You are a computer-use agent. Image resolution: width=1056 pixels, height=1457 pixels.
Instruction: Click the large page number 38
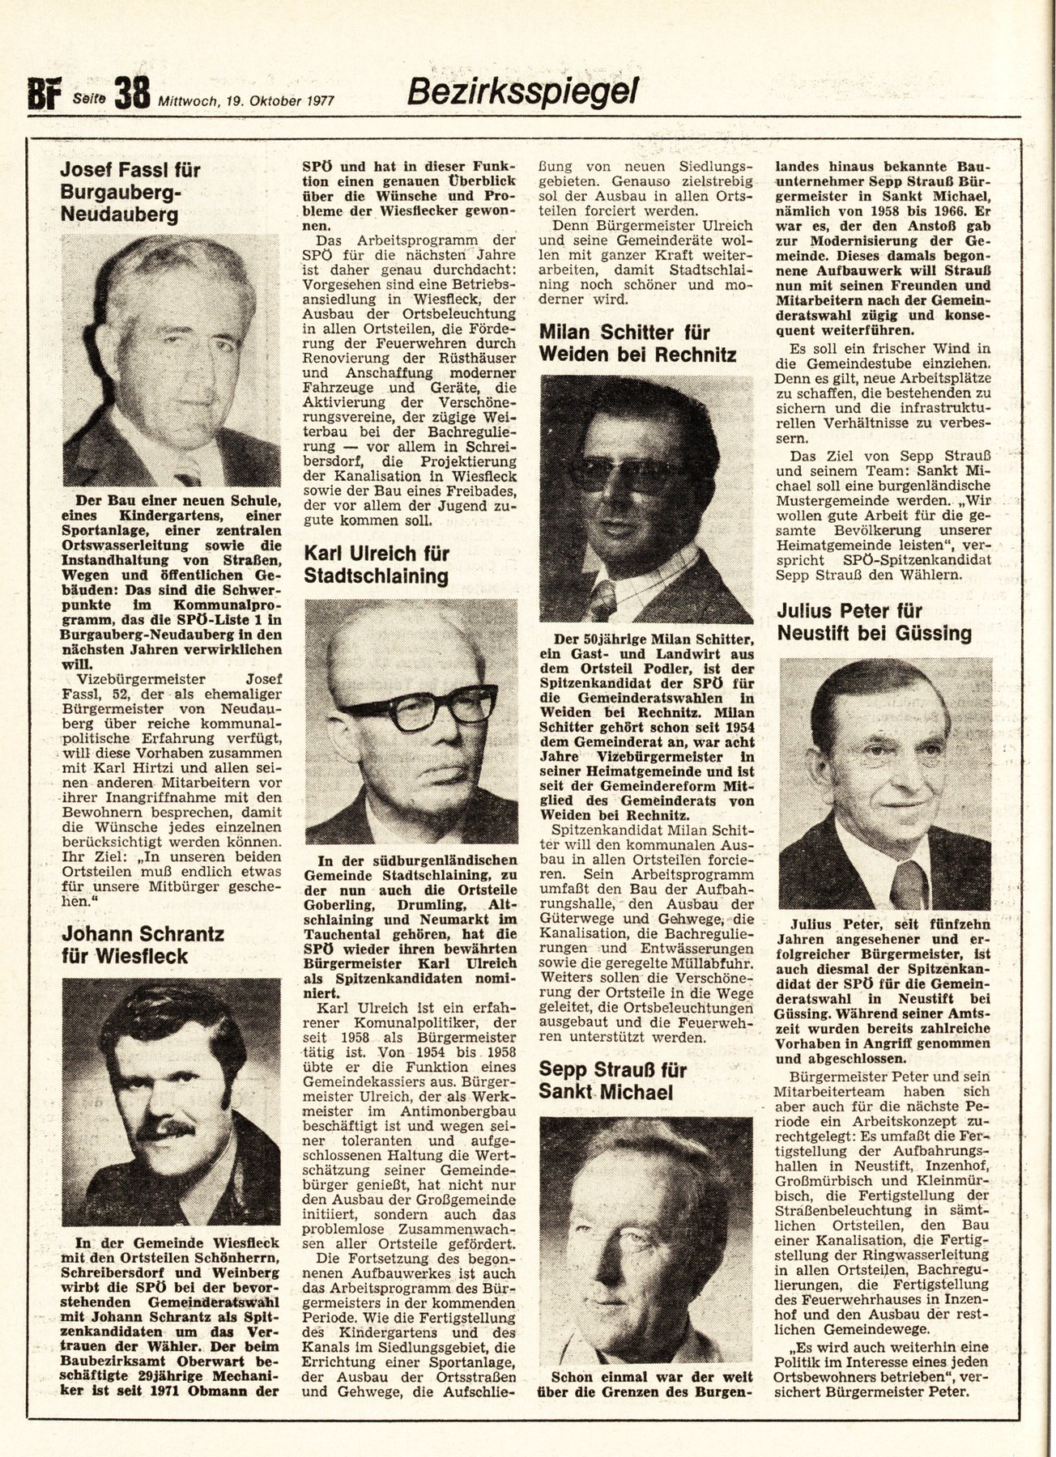pos(132,94)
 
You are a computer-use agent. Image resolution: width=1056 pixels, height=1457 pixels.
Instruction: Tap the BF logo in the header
pos(45,96)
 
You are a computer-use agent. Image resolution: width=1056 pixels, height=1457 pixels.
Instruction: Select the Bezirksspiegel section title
pos(522,91)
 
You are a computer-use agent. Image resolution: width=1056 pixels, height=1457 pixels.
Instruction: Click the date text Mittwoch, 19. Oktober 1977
pos(246,101)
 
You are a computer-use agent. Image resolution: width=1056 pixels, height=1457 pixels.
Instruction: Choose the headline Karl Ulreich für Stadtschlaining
pos(377,565)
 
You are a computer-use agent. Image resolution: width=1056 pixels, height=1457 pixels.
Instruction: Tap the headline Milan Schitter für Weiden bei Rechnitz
pos(637,343)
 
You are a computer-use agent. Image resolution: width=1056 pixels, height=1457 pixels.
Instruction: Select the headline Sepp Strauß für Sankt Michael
pos(613,1081)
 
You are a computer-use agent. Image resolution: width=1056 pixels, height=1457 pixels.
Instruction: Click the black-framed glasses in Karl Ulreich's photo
pos(416,705)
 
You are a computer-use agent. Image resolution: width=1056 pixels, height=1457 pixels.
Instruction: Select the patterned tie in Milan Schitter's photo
pos(603,600)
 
